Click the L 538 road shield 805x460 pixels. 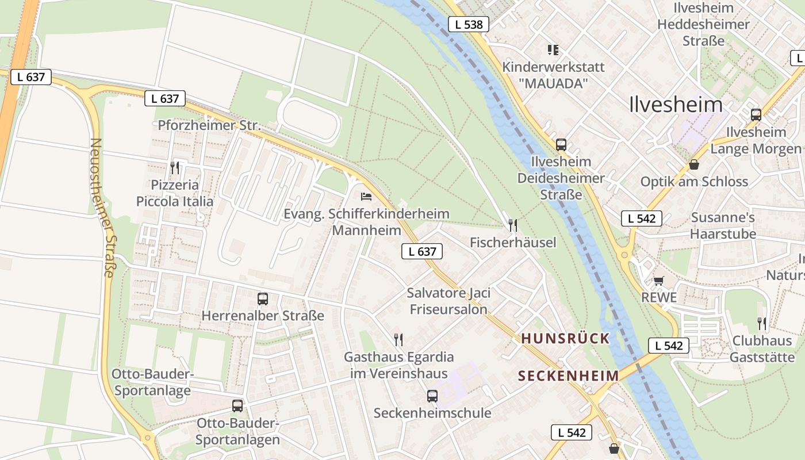click(468, 24)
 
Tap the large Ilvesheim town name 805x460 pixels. click(676, 105)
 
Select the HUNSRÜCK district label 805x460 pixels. click(565, 339)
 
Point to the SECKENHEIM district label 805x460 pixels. click(568, 376)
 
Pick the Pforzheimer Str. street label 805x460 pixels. click(209, 125)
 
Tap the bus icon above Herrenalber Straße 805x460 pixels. click(263, 299)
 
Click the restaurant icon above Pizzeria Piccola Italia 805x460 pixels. click(175, 168)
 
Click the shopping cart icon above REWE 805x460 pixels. click(659, 281)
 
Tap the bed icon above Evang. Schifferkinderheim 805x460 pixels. click(366, 197)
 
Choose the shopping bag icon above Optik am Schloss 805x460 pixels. click(694, 164)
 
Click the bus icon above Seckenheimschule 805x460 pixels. click(432, 396)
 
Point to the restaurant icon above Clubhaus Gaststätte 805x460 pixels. click(762, 323)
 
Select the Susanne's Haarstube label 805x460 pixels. click(723, 225)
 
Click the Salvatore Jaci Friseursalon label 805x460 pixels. click(448, 301)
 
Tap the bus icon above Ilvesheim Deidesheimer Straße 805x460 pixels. click(561, 144)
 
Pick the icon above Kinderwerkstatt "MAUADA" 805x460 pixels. click(553, 50)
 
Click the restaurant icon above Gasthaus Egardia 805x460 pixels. click(398, 339)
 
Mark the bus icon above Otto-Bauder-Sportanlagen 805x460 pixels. click(237, 406)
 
